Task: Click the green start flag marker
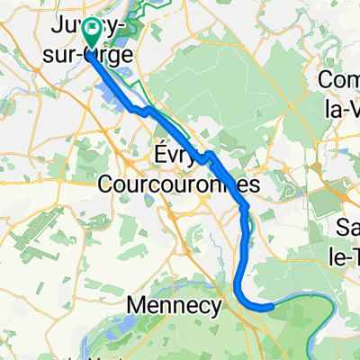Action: (92, 31)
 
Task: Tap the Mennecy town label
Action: (174, 305)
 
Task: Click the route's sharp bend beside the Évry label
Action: (208, 157)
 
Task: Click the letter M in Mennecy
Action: (135, 305)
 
